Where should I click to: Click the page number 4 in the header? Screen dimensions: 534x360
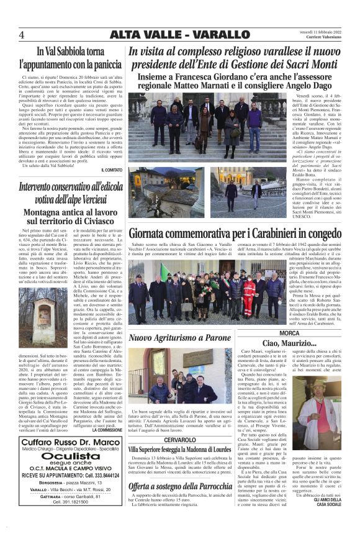pos(21,35)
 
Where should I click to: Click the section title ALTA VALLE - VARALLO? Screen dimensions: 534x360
pos(180,35)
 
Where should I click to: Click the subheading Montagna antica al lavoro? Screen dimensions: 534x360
pos(70,212)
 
